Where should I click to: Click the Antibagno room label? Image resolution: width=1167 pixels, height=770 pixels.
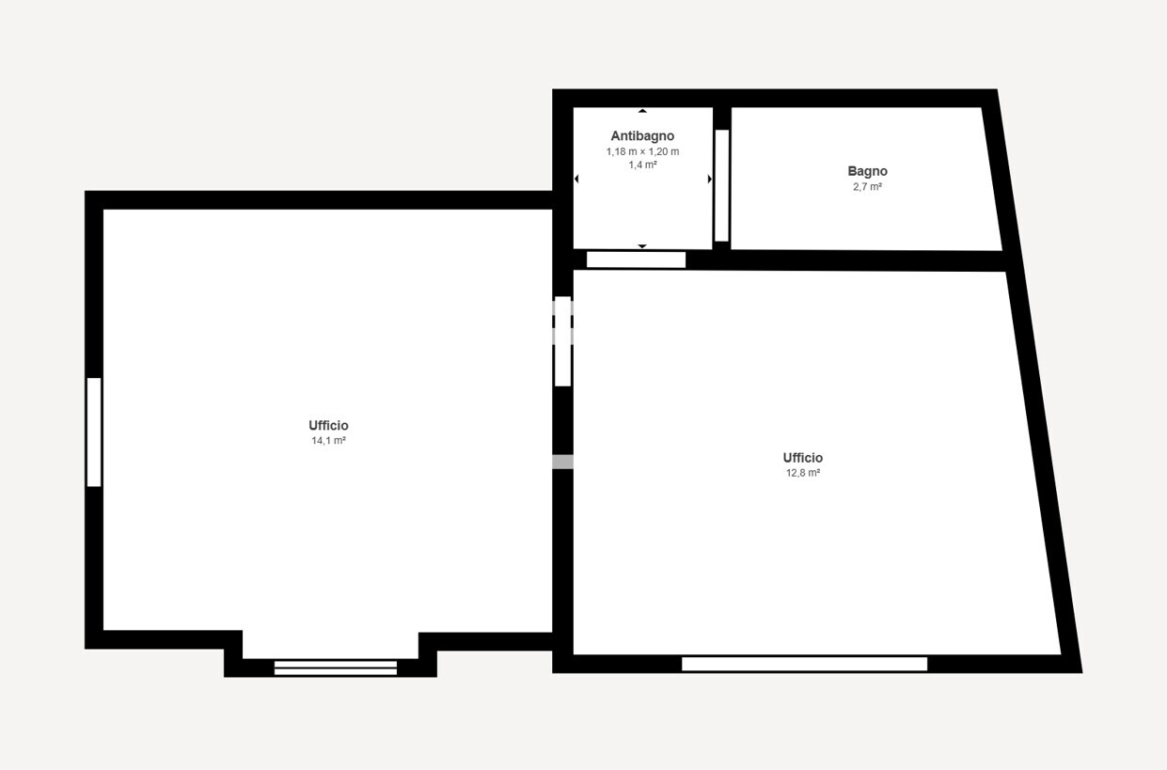pyautogui.click(x=642, y=136)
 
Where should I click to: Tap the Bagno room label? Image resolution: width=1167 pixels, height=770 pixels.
pyautogui.click(x=867, y=171)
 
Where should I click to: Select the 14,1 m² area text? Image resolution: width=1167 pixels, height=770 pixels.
pyautogui.click(x=329, y=441)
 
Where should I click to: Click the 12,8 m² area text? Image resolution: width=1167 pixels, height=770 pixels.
pyautogui.click(x=803, y=473)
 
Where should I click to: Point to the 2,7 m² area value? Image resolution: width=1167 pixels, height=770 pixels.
pyautogui.click(x=867, y=186)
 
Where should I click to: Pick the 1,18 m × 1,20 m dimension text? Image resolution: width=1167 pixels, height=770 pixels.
pyautogui.click(x=642, y=151)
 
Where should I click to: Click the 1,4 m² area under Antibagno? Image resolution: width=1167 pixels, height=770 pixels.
pyautogui.click(x=642, y=165)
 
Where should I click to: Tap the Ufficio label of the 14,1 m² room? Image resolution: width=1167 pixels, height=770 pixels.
pyautogui.click(x=329, y=426)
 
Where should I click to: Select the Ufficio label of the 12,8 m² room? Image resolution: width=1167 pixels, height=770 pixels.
pyautogui.click(x=803, y=458)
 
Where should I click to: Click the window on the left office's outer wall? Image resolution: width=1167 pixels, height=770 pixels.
pyautogui.click(x=94, y=432)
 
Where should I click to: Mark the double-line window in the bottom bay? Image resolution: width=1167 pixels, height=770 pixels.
pyautogui.click(x=336, y=668)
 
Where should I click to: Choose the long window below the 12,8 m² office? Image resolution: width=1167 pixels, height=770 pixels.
pyautogui.click(x=804, y=665)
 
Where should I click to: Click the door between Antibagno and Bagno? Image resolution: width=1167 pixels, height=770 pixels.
pyautogui.click(x=721, y=185)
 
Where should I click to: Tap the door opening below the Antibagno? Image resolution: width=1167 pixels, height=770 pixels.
pyautogui.click(x=636, y=260)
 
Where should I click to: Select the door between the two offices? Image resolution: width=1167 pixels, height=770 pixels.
pyautogui.click(x=562, y=341)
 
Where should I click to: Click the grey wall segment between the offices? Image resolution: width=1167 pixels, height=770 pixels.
pyautogui.click(x=562, y=463)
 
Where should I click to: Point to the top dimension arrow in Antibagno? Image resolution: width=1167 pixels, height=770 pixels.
pyautogui.click(x=642, y=111)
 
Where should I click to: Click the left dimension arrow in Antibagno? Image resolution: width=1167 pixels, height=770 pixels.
pyautogui.click(x=576, y=180)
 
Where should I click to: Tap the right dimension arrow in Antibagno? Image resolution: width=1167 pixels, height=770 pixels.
pyautogui.click(x=710, y=180)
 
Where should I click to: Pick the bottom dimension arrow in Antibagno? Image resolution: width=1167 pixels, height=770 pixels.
pyautogui.click(x=642, y=246)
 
